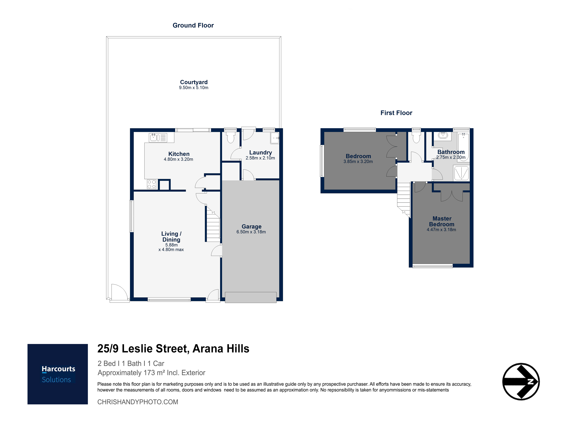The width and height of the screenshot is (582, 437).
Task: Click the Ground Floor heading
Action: click(x=193, y=25)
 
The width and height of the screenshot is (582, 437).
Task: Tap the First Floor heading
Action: click(x=396, y=113)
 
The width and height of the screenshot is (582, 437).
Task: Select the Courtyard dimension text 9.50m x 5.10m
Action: click(x=194, y=88)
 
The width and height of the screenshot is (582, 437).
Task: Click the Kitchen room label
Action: click(x=179, y=154)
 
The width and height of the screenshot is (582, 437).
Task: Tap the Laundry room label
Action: click(x=260, y=153)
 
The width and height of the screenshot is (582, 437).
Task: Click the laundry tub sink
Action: click(x=275, y=138)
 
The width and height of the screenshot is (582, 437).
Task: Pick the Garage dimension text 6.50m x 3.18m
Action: click(x=251, y=232)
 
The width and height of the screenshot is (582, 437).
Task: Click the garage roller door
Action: click(x=251, y=298)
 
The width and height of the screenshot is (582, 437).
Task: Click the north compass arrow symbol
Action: click(x=521, y=382)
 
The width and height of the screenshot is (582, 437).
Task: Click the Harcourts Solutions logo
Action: click(x=58, y=374)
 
